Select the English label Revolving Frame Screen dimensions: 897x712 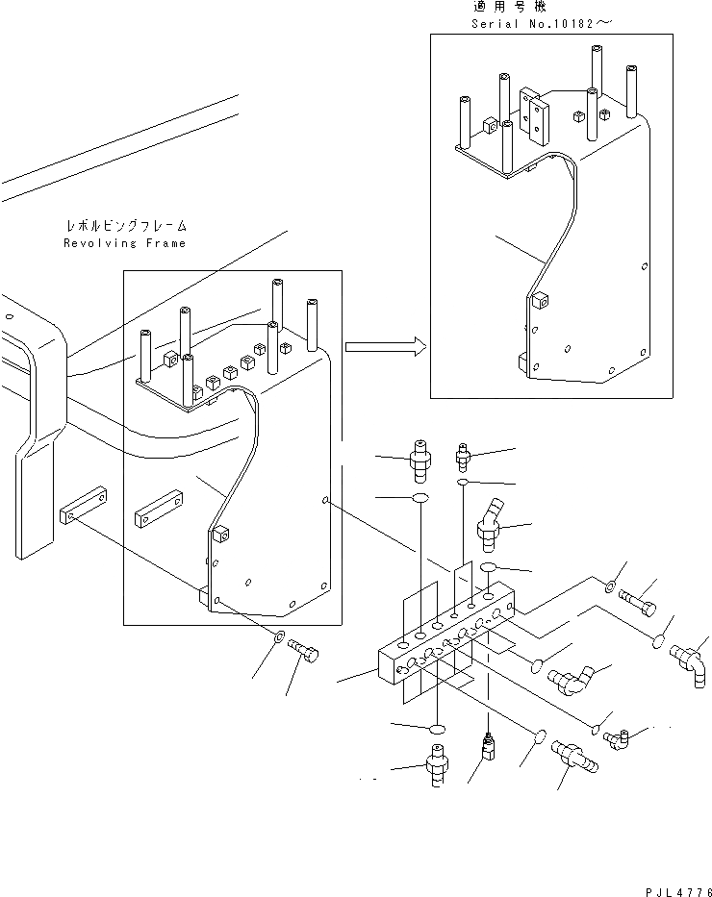tap(125, 243)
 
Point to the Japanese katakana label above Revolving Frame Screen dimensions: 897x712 tap(125, 227)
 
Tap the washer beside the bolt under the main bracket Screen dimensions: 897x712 tap(279, 636)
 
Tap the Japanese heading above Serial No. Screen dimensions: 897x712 tap(504, 7)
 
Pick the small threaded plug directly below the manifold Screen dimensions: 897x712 tap(488, 744)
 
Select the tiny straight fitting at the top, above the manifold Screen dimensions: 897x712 tap(464, 448)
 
